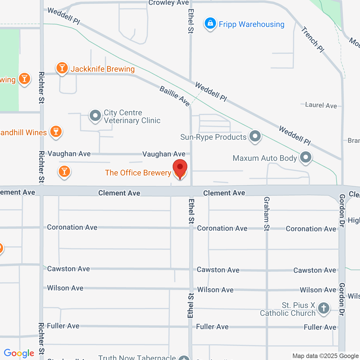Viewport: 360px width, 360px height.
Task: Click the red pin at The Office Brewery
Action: pyautogui.click(x=180, y=168)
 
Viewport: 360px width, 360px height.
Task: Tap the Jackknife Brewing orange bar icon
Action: pyautogui.click(x=62, y=68)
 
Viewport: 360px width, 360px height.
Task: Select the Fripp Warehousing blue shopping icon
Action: pyautogui.click(x=210, y=24)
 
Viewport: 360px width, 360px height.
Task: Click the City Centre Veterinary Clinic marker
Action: pyautogui.click(x=95, y=116)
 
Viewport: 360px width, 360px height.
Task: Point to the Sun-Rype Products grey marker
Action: pyautogui.click(x=255, y=136)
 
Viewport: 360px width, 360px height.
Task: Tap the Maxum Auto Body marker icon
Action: pyautogui.click(x=305, y=157)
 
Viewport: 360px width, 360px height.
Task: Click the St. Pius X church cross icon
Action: pyautogui.click(x=323, y=308)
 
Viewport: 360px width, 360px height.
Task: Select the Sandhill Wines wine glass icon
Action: pyautogui.click(x=56, y=131)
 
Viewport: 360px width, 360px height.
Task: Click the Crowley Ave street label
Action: pyautogui.click(x=168, y=3)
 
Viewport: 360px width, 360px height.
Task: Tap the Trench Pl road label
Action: pyautogui.click(x=312, y=39)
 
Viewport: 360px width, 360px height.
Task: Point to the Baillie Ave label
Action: pyautogui.click(x=175, y=96)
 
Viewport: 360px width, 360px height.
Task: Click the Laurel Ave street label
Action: pyautogui.click(x=321, y=105)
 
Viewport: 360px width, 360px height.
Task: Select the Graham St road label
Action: pyautogui.click(x=267, y=214)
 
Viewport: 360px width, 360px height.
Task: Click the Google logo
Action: pyautogui.click(x=19, y=353)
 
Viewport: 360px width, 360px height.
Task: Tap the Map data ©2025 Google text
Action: pyautogui.click(x=325, y=356)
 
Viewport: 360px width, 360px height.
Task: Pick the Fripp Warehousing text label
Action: pyautogui.click(x=251, y=24)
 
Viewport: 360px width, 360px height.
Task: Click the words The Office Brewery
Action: pyautogui.click(x=138, y=173)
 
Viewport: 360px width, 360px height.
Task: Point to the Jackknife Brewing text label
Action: pyautogui.click(x=102, y=69)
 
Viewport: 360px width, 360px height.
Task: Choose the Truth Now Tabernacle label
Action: pyautogui.click(x=137, y=357)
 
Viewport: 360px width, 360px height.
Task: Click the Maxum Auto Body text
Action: pyautogui.click(x=265, y=158)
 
